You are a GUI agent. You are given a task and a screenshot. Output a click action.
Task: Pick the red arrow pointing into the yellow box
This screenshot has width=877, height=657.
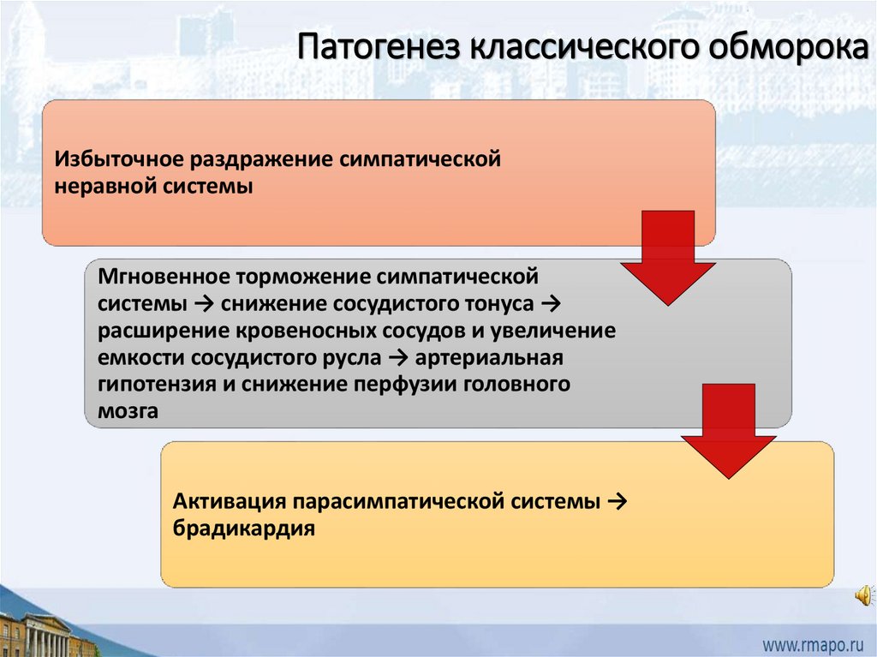(x=728, y=430)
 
